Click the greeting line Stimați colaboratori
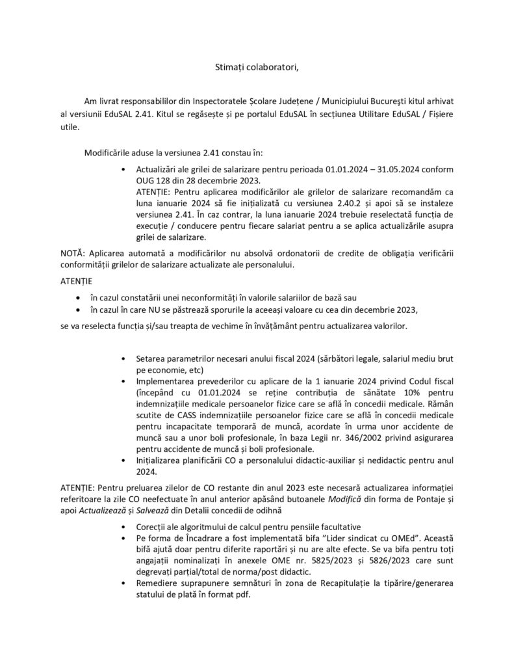click(x=257, y=66)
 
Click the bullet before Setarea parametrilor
click(x=123, y=359)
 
